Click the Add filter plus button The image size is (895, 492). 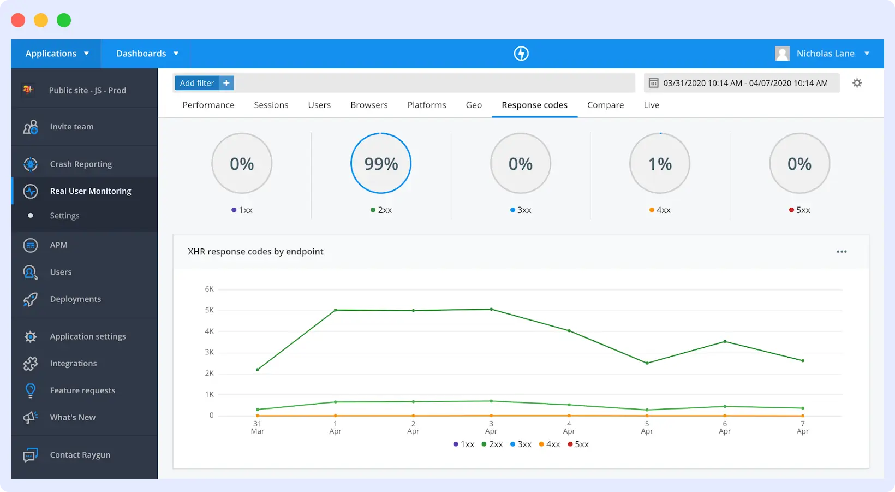tap(226, 83)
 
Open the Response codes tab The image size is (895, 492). tap(534, 105)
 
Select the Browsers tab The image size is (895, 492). tap(369, 105)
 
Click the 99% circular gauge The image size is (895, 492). tap(381, 163)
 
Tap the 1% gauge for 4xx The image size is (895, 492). tap(660, 163)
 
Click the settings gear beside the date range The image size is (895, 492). tap(857, 83)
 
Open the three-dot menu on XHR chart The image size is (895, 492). tap(842, 252)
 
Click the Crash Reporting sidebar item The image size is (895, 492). tap(81, 164)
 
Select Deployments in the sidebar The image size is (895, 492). tap(75, 299)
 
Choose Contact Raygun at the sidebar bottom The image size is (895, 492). tap(80, 455)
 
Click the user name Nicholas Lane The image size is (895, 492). tap(825, 54)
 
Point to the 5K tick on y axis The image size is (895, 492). tap(210, 310)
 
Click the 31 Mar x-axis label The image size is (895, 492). tap(257, 428)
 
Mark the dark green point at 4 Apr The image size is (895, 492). tap(569, 331)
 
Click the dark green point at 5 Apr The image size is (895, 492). tap(647, 363)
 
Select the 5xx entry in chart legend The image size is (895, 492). tap(578, 444)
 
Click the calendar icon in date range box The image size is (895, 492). tap(653, 83)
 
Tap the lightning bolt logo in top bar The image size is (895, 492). tap(521, 54)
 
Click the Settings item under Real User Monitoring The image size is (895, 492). tap(64, 216)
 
